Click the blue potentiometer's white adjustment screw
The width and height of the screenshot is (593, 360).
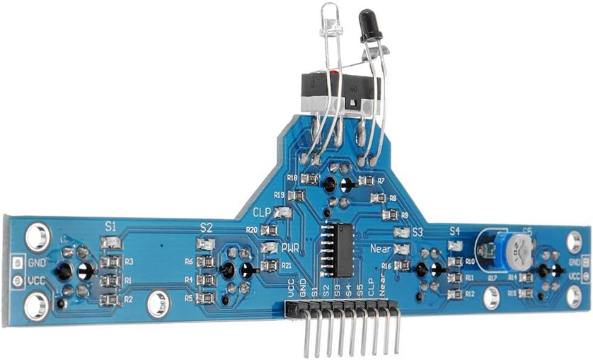520,246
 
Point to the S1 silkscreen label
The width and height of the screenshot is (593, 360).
111,227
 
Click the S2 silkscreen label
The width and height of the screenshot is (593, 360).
206,228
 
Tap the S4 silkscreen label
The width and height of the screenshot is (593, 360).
454,231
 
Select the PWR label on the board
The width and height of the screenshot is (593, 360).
290,248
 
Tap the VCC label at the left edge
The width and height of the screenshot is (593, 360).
35,280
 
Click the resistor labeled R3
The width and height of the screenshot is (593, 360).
110,262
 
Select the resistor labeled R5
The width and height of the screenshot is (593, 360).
206,298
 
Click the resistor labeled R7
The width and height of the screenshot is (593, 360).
366,181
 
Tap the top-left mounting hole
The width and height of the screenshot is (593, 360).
38,237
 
